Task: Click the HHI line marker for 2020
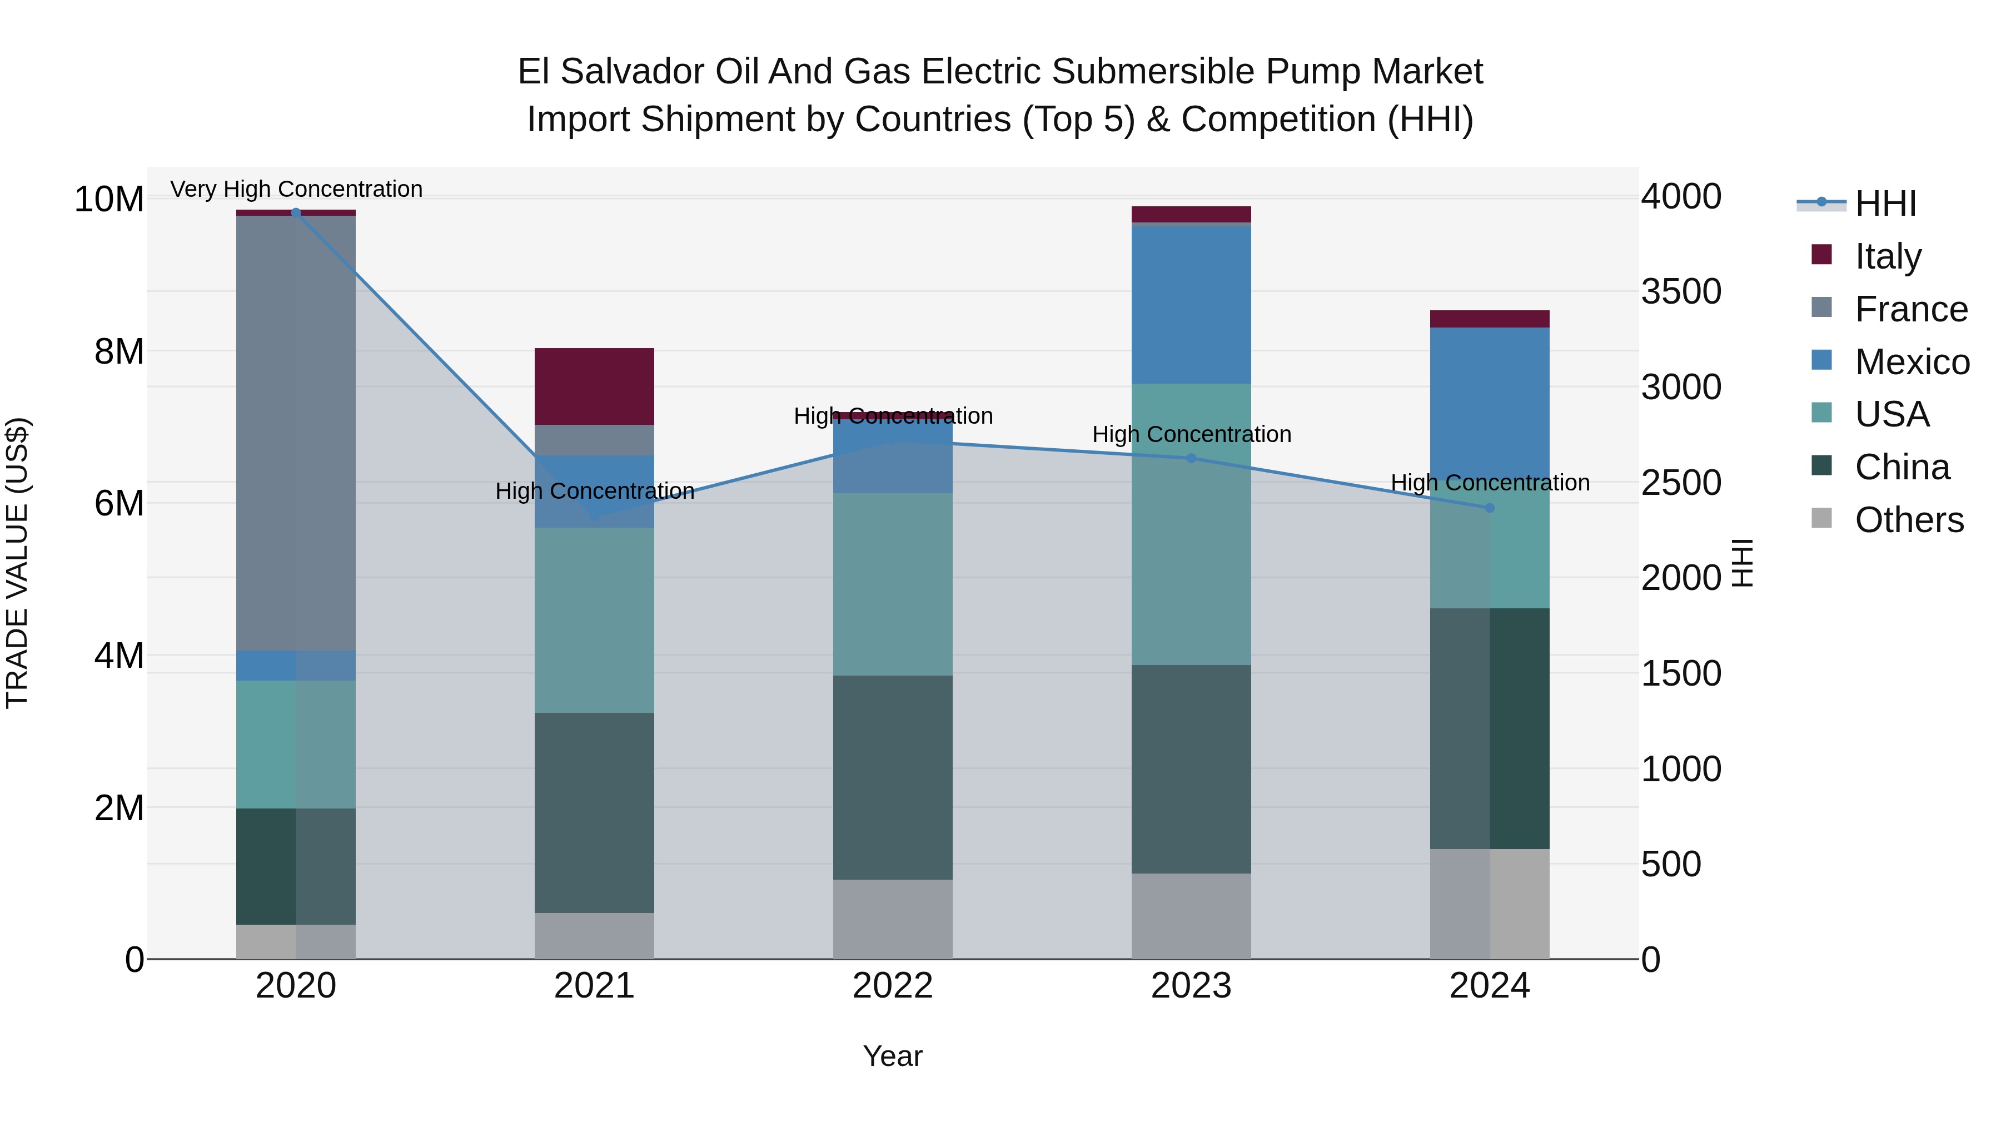click(x=295, y=212)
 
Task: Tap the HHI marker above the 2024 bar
click(x=1489, y=508)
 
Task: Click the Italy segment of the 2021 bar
click(x=594, y=386)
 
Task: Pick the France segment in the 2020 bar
click(x=296, y=433)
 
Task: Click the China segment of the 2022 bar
click(x=893, y=777)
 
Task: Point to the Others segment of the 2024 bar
click(x=1489, y=904)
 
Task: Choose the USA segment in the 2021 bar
click(x=594, y=620)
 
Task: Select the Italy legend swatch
click(x=1821, y=255)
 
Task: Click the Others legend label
click(x=1909, y=520)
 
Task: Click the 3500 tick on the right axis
click(x=1681, y=292)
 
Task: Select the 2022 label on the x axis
click(x=893, y=986)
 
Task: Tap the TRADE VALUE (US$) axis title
click(x=17, y=563)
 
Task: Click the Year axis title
click(x=893, y=1056)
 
